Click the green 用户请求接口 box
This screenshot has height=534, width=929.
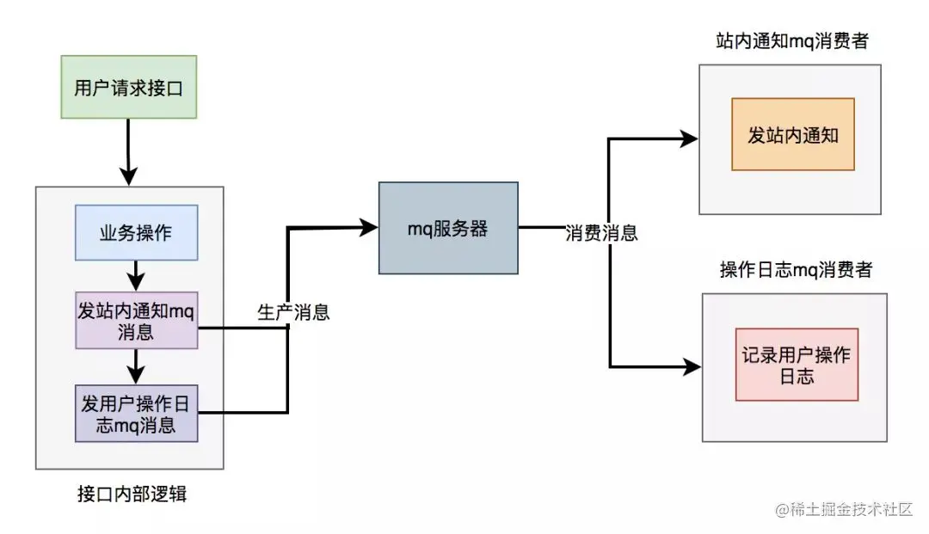(x=129, y=87)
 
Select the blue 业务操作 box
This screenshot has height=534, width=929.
(x=136, y=232)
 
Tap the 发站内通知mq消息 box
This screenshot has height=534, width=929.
(x=136, y=321)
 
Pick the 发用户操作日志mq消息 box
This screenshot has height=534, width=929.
(x=136, y=414)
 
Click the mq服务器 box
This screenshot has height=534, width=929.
(x=448, y=228)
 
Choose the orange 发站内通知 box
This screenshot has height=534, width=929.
(x=792, y=134)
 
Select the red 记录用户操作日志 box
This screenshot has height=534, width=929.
(x=797, y=364)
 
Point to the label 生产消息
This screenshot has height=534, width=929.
(x=293, y=311)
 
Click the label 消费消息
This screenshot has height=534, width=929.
(x=601, y=232)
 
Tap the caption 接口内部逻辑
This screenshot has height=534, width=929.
(x=132, y=494)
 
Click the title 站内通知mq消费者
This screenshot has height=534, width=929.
(x=791, y=40)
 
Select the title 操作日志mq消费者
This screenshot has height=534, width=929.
(x=796, y=270)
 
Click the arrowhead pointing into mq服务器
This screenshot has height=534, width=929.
(x=369, y=227)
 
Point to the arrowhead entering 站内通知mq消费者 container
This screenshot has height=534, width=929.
(x=688, y=136)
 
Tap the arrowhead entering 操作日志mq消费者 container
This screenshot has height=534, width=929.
(x=692, y=366)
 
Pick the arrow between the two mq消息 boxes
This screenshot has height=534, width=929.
(x=135, y=367)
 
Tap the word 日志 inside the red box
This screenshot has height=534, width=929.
(x=797, y=377)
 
